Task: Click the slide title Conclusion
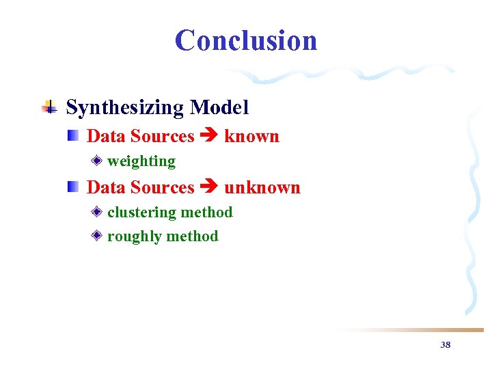pyautogui.click(x=246, y=40)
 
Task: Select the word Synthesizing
pyautogui.click(x=125, y=108)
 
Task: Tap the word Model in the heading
pyautogui.click(x=219, y=108)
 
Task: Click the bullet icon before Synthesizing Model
pyautogui.click(x=49, y=107)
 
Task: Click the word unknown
pyautogui.click(x=262, y=188)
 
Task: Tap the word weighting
pyautogui.click(x=141, y=161)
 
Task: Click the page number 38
pyautogui.click(x=446, y=345)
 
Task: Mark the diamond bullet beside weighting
pyautogui.click(x=98, y=161)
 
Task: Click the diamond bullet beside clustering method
pyautogui.click(x=98, y=213)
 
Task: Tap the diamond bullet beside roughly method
pyautogui.click(x=98, y=236)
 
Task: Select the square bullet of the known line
pyautogui.click(x=73, y=135)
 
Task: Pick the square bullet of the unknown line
pyautogui.click(x=73, y=187)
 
